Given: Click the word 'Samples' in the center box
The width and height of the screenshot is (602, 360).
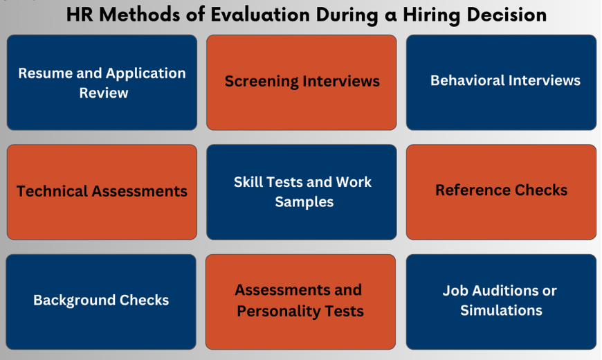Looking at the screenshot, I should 304,201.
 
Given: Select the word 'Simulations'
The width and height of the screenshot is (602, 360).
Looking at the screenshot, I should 501,310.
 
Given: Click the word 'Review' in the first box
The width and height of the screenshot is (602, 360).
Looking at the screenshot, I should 104,93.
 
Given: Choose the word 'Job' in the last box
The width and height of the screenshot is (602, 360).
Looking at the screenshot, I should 456,291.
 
